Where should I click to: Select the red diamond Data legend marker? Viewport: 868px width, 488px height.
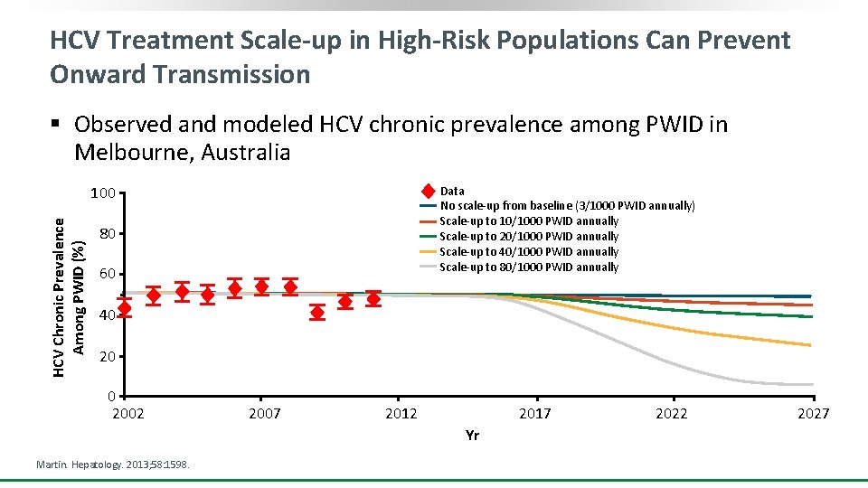(x=428, y=191)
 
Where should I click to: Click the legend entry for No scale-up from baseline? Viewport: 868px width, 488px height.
(x=567, y=206)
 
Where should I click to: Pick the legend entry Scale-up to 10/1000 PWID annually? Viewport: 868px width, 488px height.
(x=529, y=221)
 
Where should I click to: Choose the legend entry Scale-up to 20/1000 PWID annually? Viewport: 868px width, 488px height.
(x=529, y=237)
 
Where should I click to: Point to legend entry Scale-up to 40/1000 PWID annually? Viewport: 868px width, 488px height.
(x=529, y=252)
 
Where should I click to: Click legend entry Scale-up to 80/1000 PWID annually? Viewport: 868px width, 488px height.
(x=529, y=267)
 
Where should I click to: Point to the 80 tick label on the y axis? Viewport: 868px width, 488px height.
(x=107, y=235)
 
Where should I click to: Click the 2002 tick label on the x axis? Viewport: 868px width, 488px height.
(x=127, y=414)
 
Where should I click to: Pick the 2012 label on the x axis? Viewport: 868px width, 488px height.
(x=401, y=414)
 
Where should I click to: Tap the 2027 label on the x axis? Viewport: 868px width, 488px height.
(x=813, y=414)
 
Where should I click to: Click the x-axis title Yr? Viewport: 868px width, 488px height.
(x=472, y=436)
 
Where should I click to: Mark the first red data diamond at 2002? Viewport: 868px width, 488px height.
(x=125, y=308)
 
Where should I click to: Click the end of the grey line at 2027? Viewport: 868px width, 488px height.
(x=810, y=385)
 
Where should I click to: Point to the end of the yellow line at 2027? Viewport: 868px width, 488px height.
(x=810, y=345)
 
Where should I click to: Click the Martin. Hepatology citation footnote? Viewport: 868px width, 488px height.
(x=112, y=464)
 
